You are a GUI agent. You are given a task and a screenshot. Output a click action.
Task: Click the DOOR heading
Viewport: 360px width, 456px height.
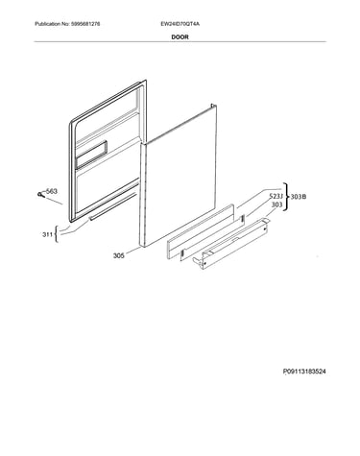[180, 37]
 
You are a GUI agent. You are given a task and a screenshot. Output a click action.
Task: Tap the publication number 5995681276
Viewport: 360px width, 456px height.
[84, 24]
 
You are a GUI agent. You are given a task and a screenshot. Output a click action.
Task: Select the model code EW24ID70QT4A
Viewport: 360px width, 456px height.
[180, 24]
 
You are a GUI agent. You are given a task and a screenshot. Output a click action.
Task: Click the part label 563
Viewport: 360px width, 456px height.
[52, 191]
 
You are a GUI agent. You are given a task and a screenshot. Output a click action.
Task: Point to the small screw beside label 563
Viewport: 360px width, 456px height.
[40, 194]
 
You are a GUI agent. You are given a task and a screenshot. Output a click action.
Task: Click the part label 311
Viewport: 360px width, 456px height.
[47, 235]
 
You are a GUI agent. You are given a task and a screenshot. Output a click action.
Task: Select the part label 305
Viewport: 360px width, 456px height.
[119, 255]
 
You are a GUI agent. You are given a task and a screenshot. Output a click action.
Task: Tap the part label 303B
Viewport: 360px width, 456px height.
[299, 197]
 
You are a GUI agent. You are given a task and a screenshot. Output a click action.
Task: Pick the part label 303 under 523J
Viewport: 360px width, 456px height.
[276, 204]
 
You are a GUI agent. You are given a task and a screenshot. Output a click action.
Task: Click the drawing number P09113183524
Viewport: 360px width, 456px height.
[304, 372]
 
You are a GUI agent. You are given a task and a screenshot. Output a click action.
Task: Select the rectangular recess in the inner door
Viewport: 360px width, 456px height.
[91, 155]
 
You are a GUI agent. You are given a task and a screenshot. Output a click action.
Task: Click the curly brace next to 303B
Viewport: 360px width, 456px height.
[286, 197]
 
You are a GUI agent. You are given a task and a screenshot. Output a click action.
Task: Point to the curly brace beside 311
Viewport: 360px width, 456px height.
[57, 234]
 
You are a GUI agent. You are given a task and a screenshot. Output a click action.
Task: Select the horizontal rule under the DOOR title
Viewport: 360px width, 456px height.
[180, 41]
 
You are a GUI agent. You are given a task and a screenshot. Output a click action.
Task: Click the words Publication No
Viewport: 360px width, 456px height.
[52, 24]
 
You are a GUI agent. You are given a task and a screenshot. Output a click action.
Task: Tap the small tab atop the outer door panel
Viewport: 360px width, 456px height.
[212, 105]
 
